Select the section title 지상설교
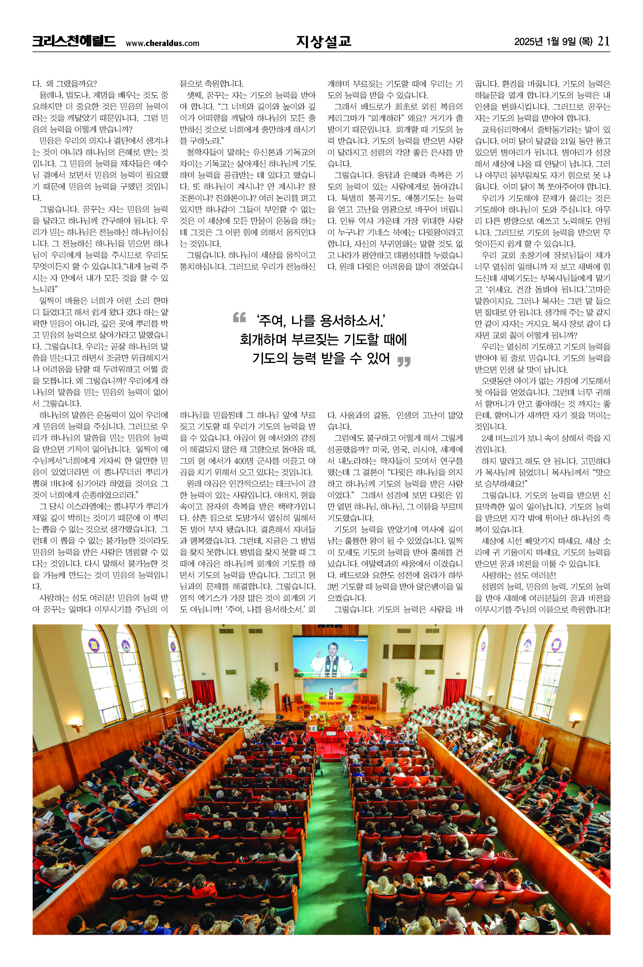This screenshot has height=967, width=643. coord(323,41)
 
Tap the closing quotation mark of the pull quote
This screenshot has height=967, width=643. coord(404,361)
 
